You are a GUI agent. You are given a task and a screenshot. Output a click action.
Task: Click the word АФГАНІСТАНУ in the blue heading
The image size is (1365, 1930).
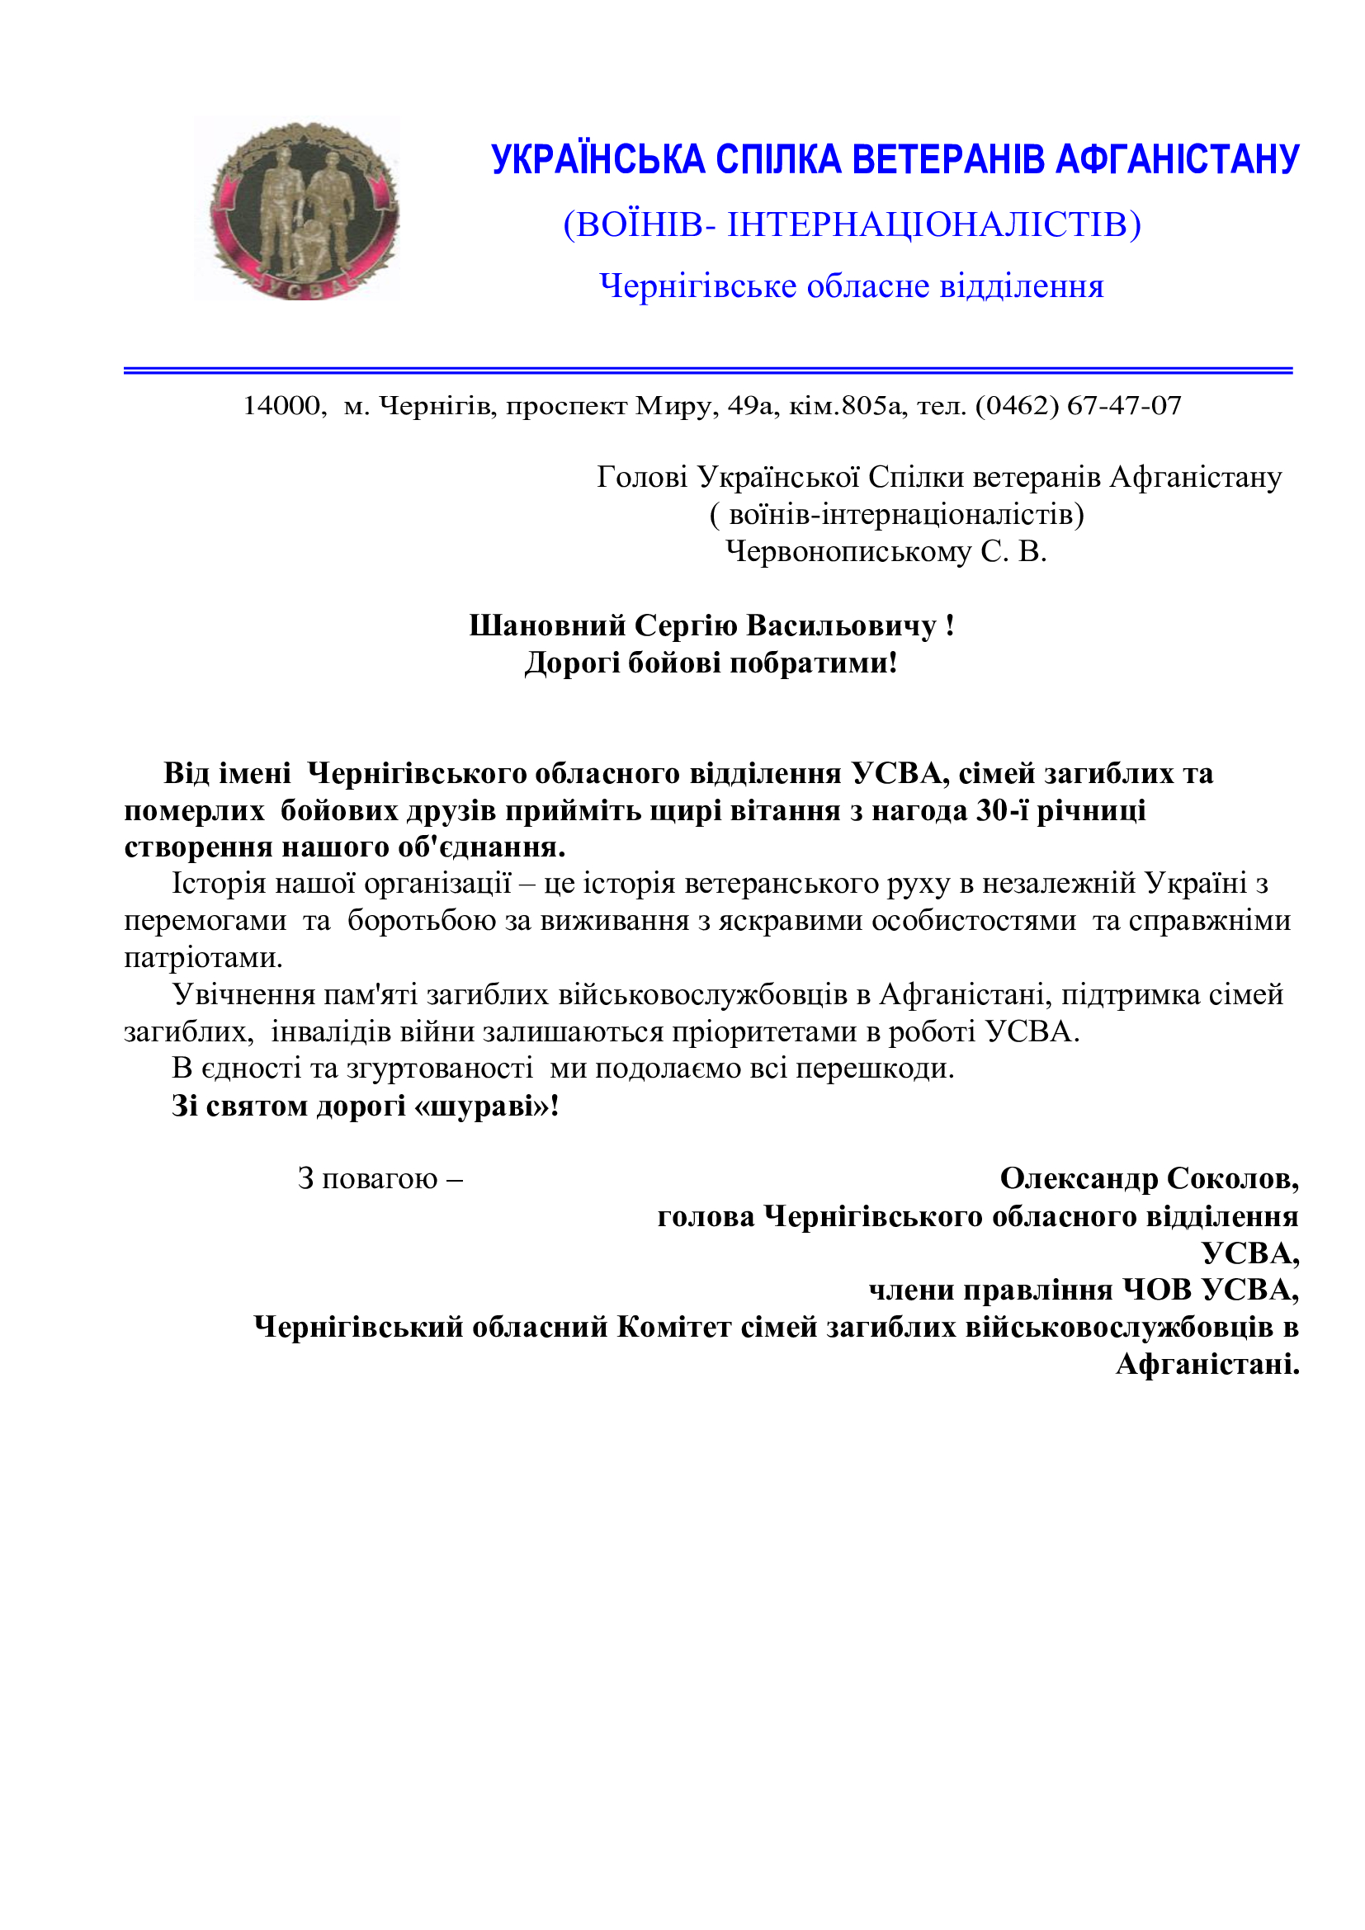1177,160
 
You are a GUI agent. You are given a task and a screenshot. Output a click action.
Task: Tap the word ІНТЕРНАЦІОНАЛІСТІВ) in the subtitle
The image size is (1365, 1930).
933,224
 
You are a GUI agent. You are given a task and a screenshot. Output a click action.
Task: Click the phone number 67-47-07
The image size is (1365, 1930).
1124,406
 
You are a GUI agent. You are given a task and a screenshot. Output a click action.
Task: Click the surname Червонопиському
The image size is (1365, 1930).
848,551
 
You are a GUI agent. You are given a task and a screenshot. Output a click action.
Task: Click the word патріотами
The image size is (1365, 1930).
203,957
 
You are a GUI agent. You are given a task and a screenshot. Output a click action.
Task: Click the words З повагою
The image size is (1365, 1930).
368,1178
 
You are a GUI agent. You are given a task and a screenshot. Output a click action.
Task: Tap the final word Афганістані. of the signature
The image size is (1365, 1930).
1207,1363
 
